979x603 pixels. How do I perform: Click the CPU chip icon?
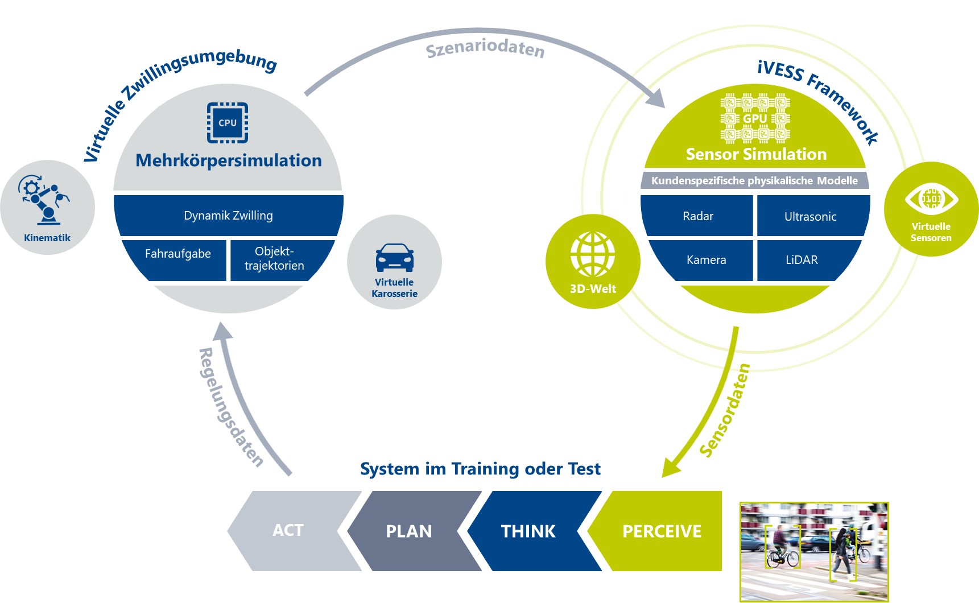pos(228,122)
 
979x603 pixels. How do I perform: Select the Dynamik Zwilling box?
pos(228,216)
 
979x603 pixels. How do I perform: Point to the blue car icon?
pos(394,257)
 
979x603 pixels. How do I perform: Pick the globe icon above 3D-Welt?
pos(593,254)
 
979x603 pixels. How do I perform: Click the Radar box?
pos(698,216)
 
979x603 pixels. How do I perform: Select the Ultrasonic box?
pos(811,216)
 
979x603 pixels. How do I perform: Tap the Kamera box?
pos(706,260)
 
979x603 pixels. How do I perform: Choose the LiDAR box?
pos(802,260)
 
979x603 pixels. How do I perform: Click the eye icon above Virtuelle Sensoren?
pos(931,199)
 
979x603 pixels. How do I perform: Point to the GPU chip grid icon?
pos(755,118)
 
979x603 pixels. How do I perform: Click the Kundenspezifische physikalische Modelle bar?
pos(754,180)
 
